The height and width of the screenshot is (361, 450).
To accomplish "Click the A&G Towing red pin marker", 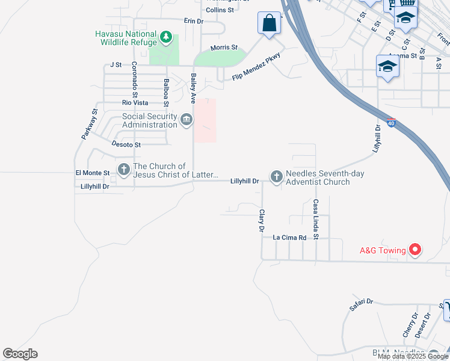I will pos(415,249).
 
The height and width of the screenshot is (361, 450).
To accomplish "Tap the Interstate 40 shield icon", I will pos(391,123).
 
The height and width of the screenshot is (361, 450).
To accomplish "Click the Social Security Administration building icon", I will pos(186,120).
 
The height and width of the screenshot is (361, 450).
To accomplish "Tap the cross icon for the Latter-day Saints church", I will pos(124,170).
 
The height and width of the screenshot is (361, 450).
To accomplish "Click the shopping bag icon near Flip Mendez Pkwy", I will pos(270,24).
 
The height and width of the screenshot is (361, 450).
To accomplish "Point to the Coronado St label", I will pos(135,79).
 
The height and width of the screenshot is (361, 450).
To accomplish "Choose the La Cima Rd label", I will pos(290,238).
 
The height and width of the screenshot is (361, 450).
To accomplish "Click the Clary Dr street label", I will pos(262,221).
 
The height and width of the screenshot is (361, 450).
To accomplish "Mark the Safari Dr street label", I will pos(361,305).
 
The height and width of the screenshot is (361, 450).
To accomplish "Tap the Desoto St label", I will pos(126,144).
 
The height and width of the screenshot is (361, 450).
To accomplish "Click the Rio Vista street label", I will pos(135,103).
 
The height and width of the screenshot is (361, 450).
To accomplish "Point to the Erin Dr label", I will pos(194,20).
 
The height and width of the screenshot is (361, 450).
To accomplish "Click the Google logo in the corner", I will pos(20,354).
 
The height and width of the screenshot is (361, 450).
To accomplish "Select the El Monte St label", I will pos(93,173).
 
